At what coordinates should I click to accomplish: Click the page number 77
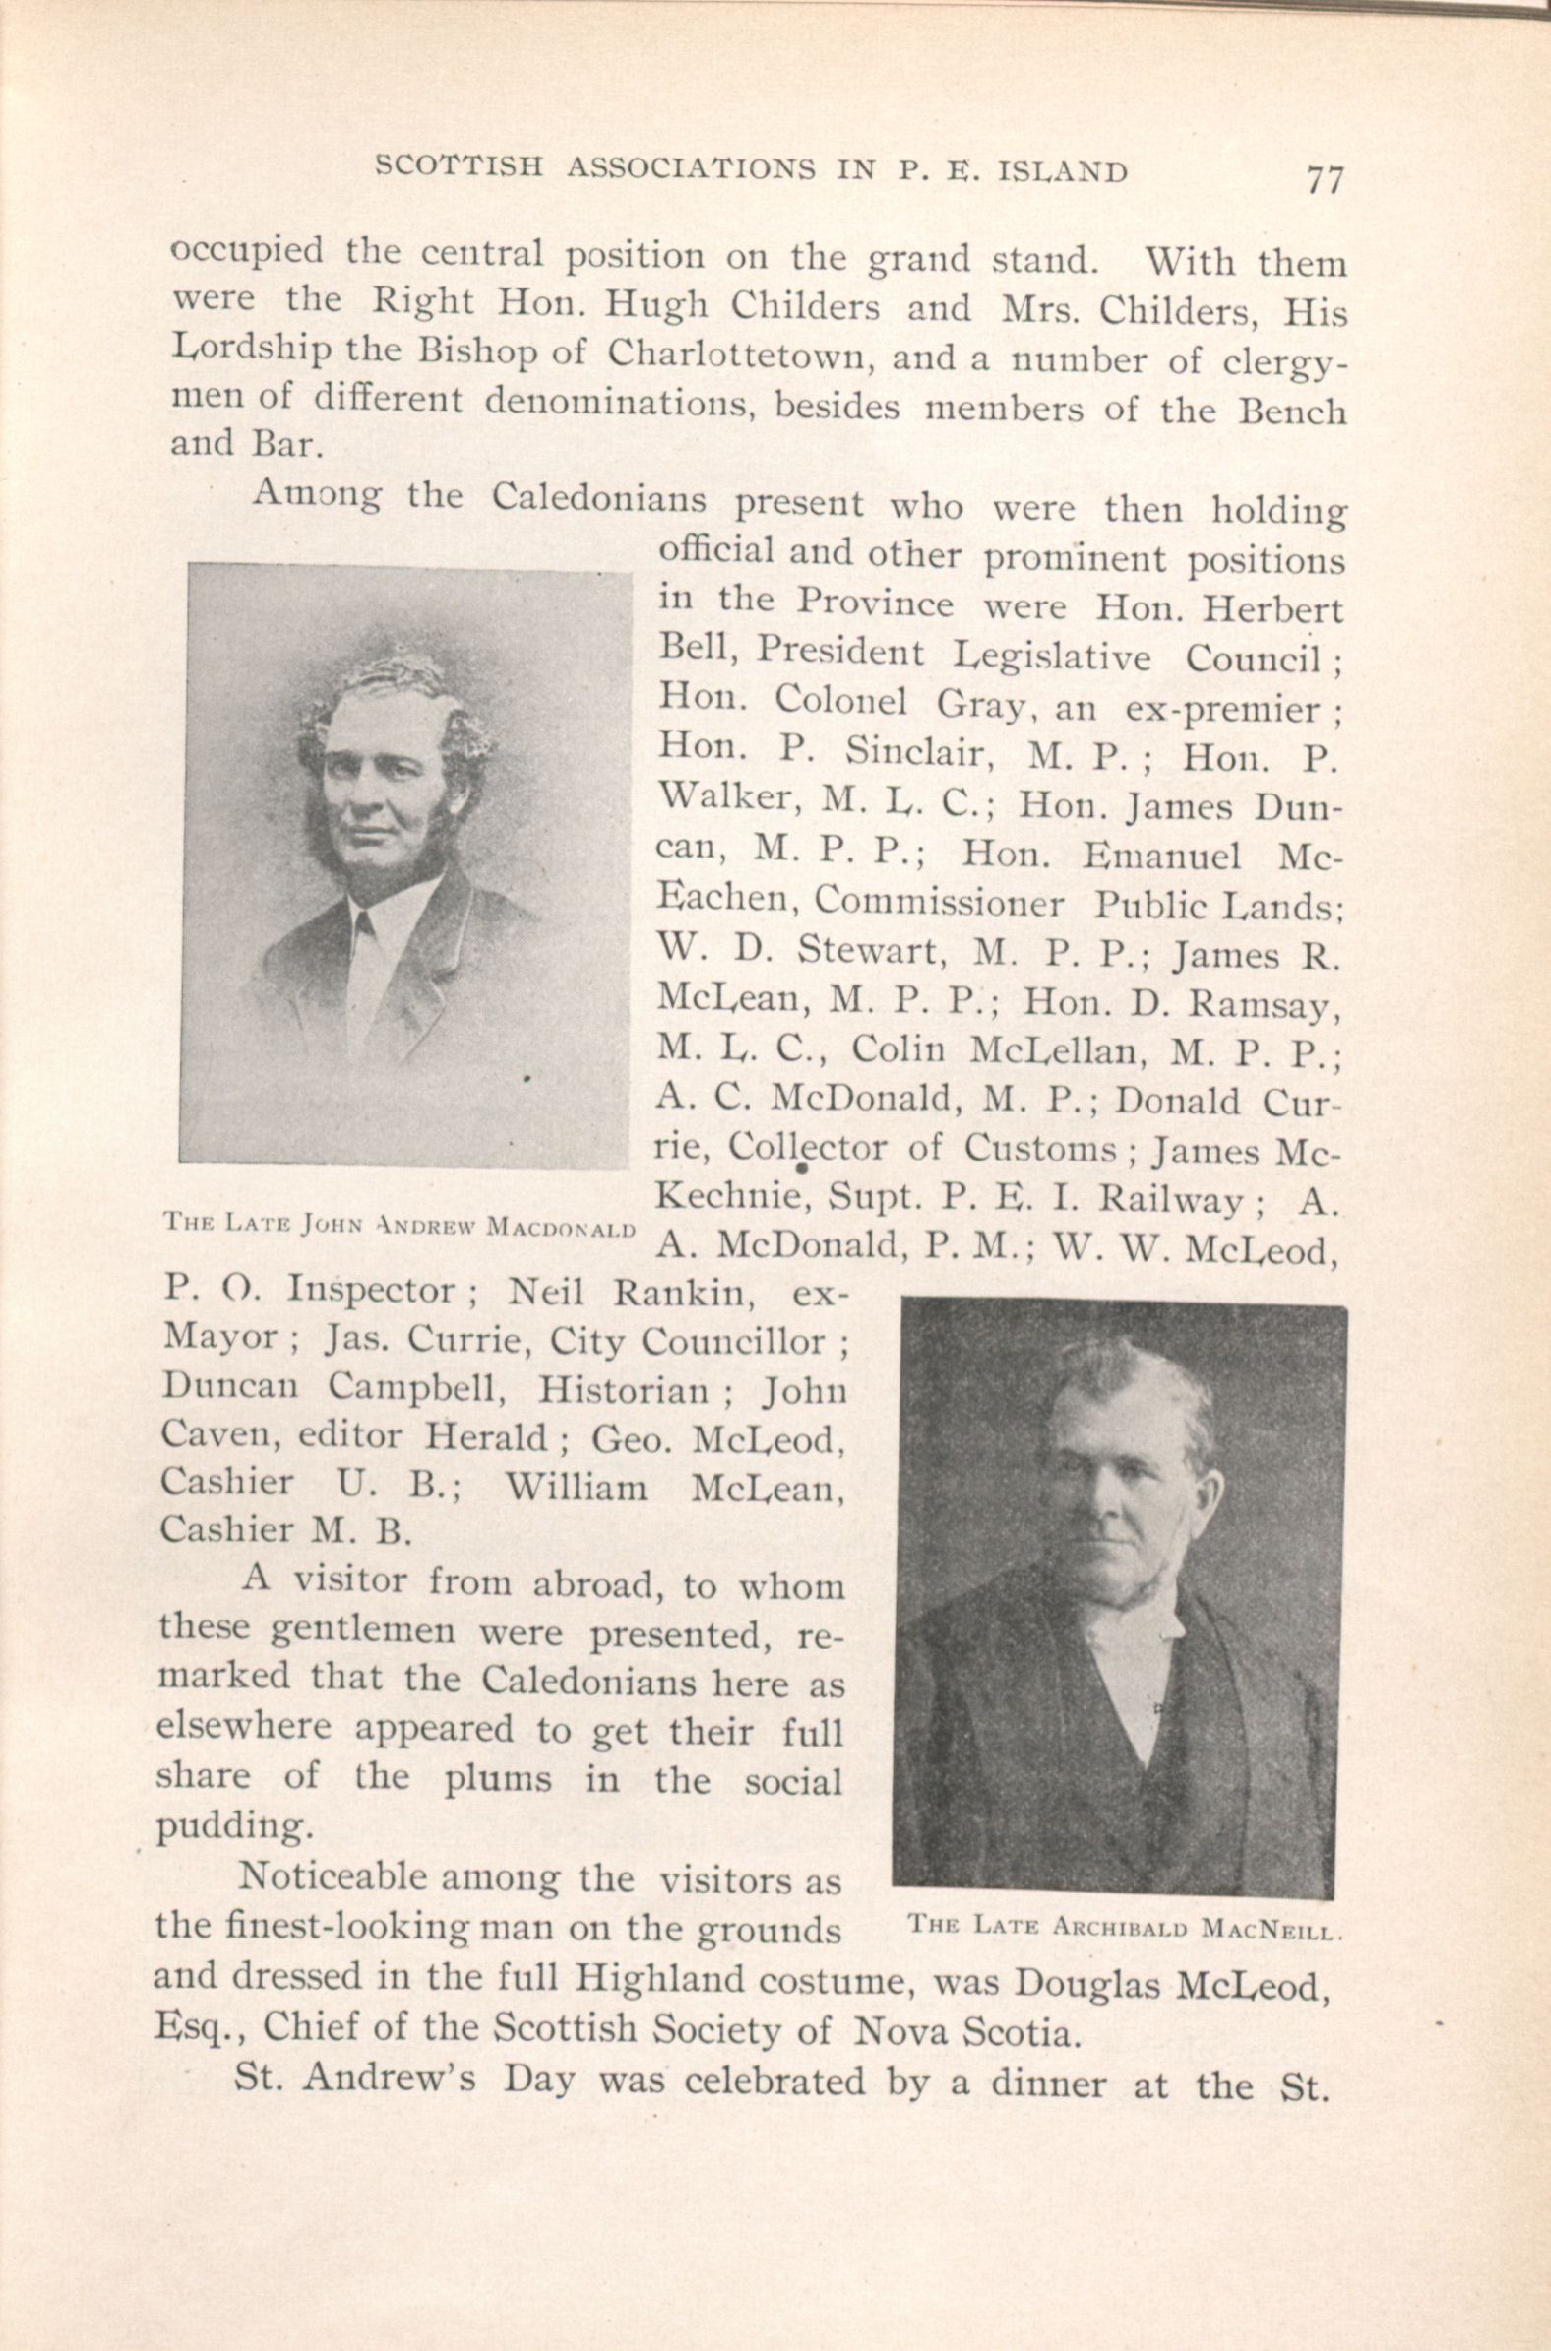point(1325,181)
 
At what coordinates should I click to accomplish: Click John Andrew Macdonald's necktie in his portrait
point(364,927)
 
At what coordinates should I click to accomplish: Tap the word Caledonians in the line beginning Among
point(599,499)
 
